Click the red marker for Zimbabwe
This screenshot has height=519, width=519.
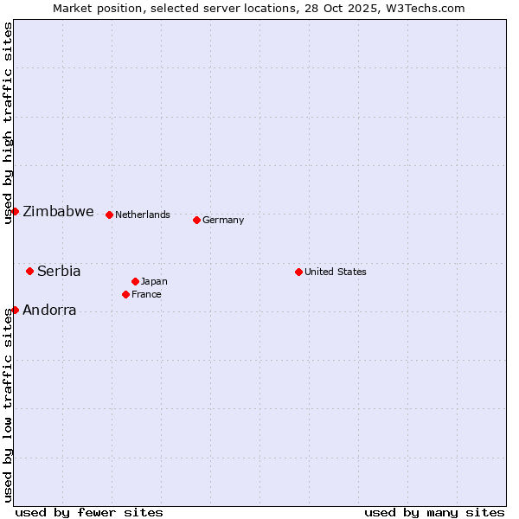tap(15, 211)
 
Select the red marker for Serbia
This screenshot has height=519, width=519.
tap(29, 271)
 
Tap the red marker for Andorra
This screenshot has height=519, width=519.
tap(15, 310)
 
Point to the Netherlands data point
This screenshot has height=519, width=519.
tap(109, 215)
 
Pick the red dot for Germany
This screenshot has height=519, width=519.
tap(196, 220)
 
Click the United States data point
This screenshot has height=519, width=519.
tap(298, 272)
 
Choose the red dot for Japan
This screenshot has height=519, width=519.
tap(135, 281)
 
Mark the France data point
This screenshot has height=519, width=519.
tap(125, 294)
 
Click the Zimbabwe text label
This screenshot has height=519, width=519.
tap(58, 212)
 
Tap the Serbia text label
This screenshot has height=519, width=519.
tap(59, 271)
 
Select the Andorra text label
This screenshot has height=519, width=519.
tap(49, 310)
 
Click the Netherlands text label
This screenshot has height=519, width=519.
tap(143, 215)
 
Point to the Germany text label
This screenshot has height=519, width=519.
tap(223, 220)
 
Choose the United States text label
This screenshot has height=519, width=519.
tap(336, 272)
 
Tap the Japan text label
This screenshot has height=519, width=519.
tap(154, 281)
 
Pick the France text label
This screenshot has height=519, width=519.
tap(146, 294)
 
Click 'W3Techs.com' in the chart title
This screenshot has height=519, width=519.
tap(427, 8)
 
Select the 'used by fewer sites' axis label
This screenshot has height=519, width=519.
tap(89, 512)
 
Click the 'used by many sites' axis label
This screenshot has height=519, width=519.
tap(434, 512)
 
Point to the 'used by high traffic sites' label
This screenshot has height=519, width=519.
tap(8, 123)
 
